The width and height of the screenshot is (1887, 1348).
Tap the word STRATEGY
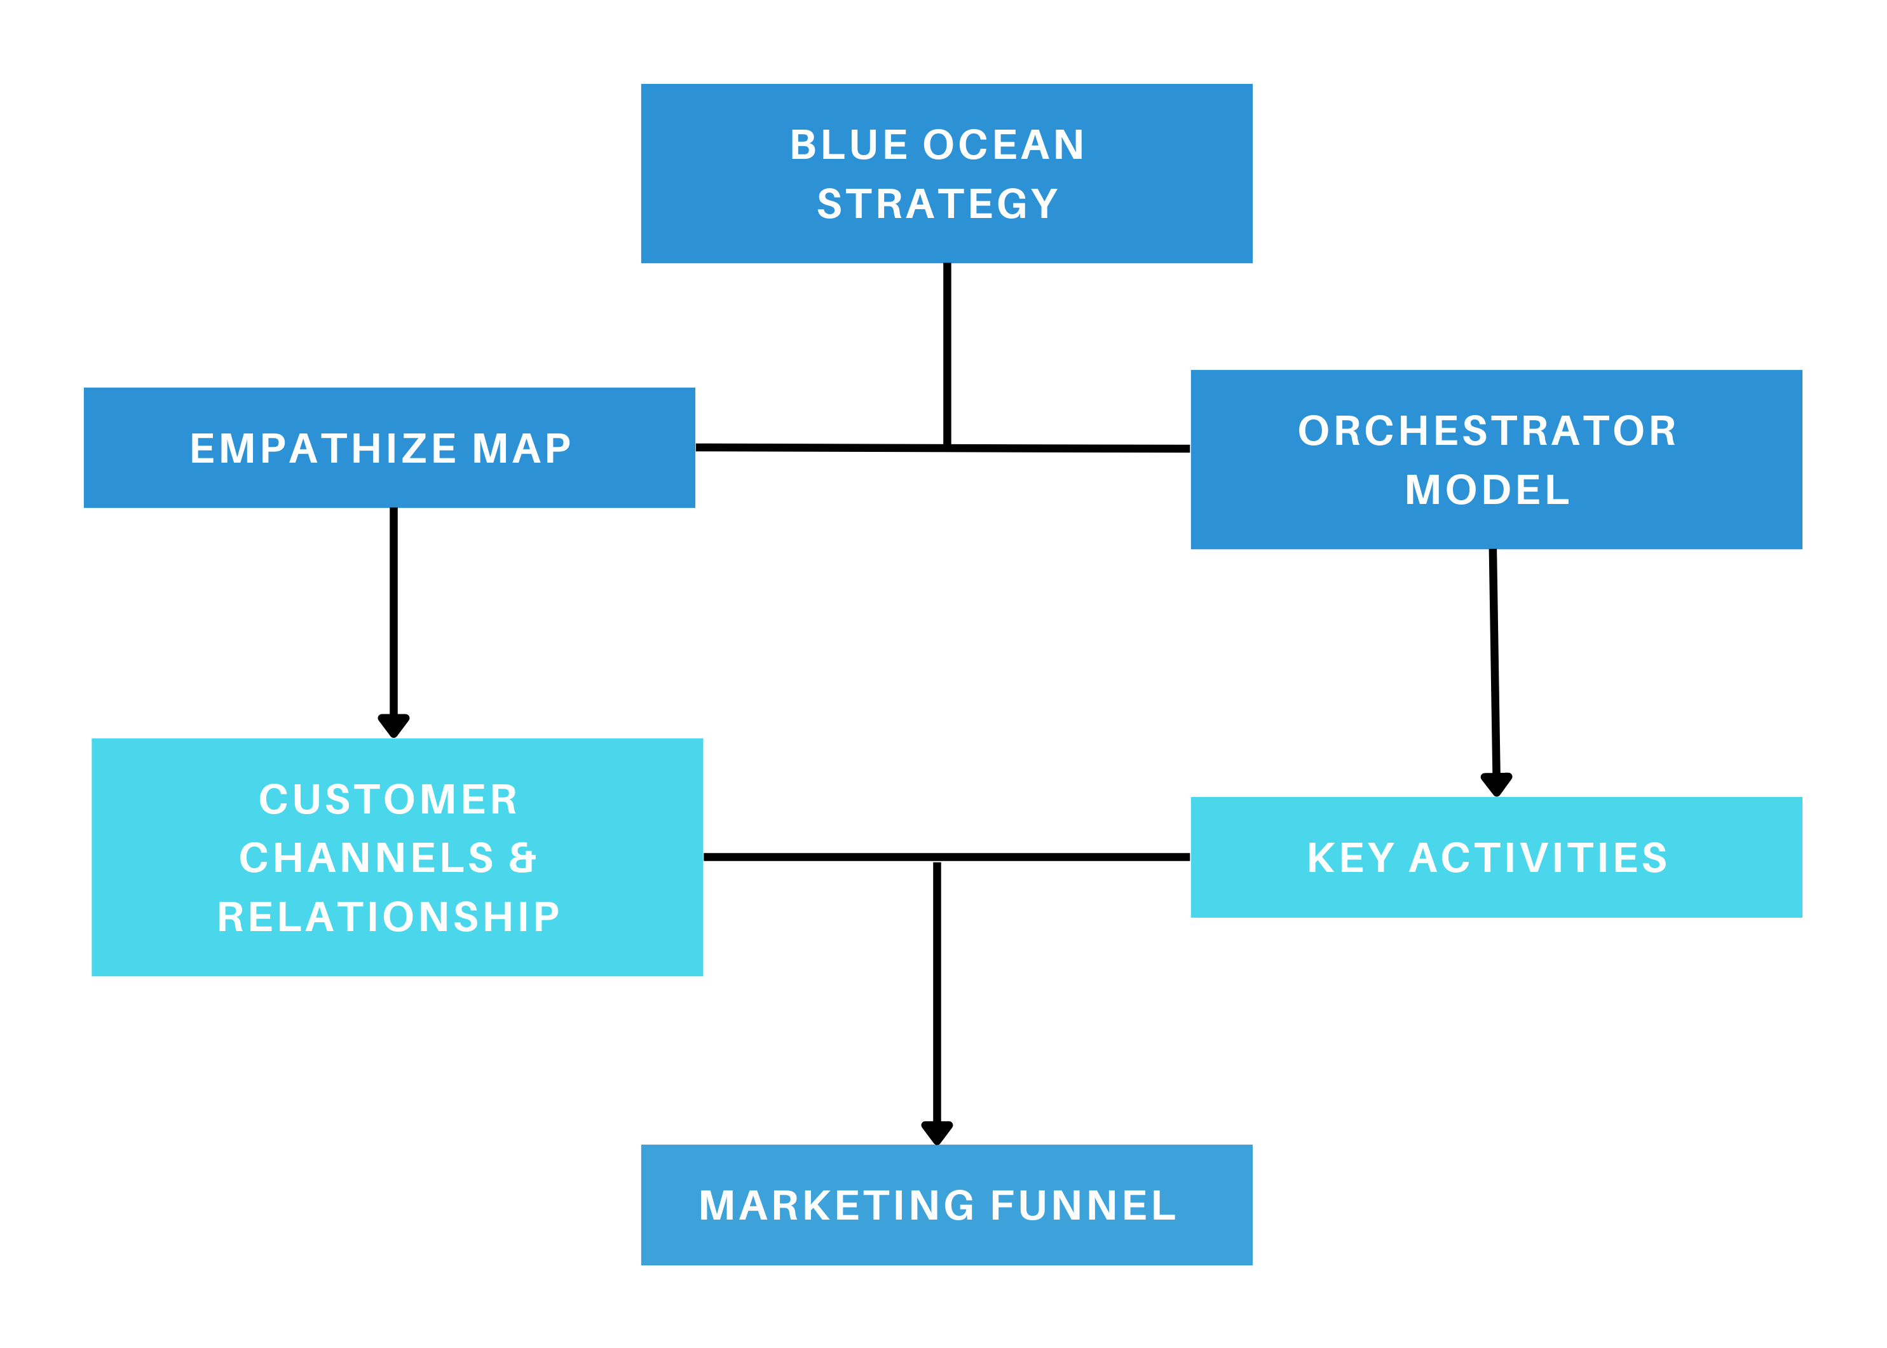pyautogui.click(x=937, y=204)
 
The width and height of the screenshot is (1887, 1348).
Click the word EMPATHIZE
pyautogui.click(x=323, y=449)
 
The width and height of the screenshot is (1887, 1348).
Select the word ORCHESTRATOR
pyautogui.click(x=1487, y=431)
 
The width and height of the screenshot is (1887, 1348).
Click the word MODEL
pyautogui.click(x=1487, y=490)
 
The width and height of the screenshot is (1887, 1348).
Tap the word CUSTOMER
pyautogui.click(x=388, y=800)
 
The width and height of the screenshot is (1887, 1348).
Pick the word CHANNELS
pyautogui.click(x=366, y=858)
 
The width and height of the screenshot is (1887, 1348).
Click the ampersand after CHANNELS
pyautogui.click(x=523, y=858)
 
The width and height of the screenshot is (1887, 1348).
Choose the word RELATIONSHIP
pyautogui.click(x=388, y=917)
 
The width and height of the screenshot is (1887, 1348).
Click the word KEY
pyautogui.click(x=1351, y=858)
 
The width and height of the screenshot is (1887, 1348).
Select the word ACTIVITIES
pyautogui.click(x=1538, y=858)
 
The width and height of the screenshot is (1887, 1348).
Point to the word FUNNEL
pyautogui.click(x=1084, y=1206)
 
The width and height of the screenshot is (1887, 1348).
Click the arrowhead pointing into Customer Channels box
pyautogui.click(x=393, y=725)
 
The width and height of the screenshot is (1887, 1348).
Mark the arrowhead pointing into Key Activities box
pyautogui.click(x=1496, y=784)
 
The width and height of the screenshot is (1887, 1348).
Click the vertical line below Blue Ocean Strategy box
pyautogui.click(x=946, y=353)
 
